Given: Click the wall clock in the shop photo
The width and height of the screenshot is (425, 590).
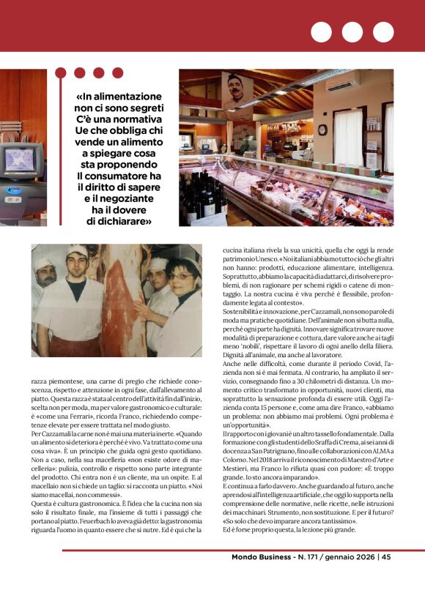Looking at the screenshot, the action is [322, 130].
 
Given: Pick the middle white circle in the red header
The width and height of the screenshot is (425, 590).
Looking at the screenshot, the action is [352, 32].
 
